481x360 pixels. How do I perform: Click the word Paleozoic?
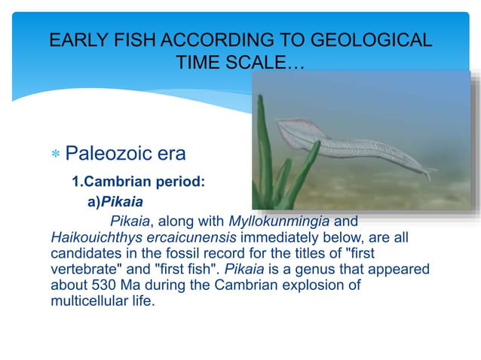click(109, 154)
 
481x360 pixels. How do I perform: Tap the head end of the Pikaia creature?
click(285, 128)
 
